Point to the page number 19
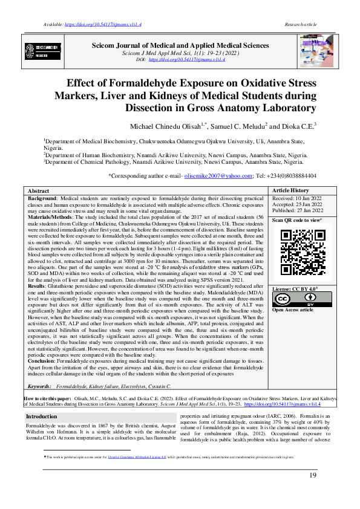(313, 476)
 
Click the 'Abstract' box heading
(39, 190)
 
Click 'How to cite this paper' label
(47, 400)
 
